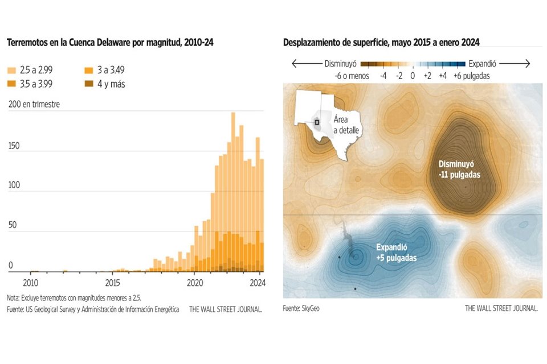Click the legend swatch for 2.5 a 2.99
click(x=11, y=71)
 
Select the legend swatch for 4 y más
click(x=89, y=84)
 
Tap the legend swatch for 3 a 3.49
click(x=89, y=71)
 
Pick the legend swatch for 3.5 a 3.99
click(x=11, y=84)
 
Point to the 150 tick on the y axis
click(x=13, y=146)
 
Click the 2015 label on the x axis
click(x=112, y=282)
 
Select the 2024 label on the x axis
click(x=258, y=282)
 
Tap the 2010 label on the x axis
click(x=30, y=282)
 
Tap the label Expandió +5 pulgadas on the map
click(x=396, y=253)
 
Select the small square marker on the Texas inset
click(x=317, y=122)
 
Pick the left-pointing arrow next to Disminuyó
click(x=307, y=64)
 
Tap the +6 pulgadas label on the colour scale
click(x=471, y=76)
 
